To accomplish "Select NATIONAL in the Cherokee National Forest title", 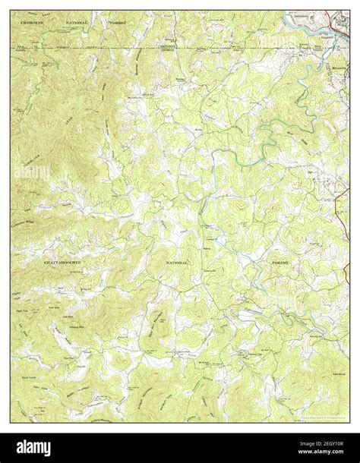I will pos(77,24).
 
